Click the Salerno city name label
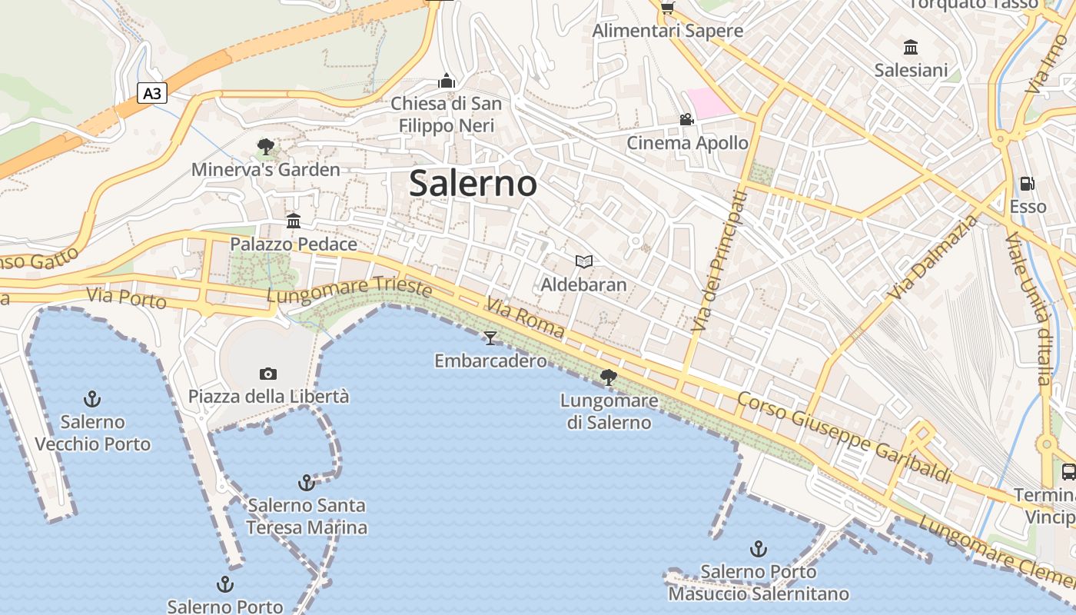coord(473,184)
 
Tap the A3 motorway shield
coord(152,94)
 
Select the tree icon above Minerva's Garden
coord(266,146)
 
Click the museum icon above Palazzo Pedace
coord(294,221)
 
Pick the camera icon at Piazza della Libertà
coord(268,374)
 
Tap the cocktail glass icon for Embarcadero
coord(490,337)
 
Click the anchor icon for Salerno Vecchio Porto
coord(92,399)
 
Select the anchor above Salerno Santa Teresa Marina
coord(307,483)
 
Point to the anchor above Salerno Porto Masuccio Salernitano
coord(759,549)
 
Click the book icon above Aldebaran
coord(584,262)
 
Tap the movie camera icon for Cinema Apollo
coord(687,120)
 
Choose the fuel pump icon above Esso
coord(1028,184)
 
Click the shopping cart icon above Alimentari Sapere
coord(667,8)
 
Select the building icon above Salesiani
coord(912,47)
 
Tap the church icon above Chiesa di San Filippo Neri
coord(447,81)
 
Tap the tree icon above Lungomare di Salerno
coord(609,377)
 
